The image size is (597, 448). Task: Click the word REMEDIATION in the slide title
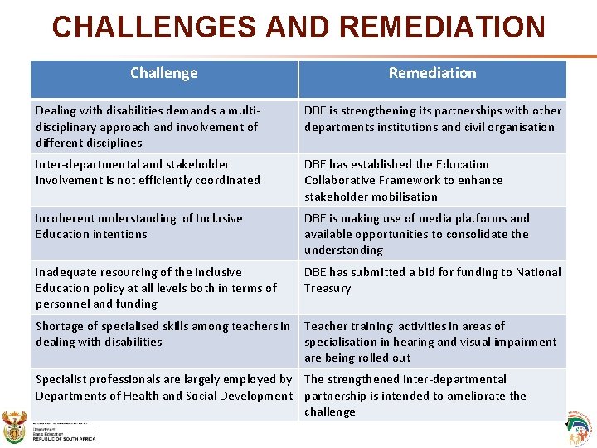coord(442,27)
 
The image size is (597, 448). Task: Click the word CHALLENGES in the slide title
coord(155,27)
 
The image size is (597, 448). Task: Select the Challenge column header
coord(164,74)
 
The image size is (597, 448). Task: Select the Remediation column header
coord(432,74)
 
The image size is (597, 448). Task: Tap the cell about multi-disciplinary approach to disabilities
coord(164,126)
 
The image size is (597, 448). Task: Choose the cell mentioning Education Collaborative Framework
coord(432,180)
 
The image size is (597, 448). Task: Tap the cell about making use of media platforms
coord(432,234)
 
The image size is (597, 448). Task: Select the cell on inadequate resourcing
coord(164,288)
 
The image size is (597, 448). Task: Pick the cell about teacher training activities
coord(432,342)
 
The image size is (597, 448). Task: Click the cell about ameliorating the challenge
coord(432,395)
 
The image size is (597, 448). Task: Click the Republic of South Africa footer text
coord(64,439)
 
